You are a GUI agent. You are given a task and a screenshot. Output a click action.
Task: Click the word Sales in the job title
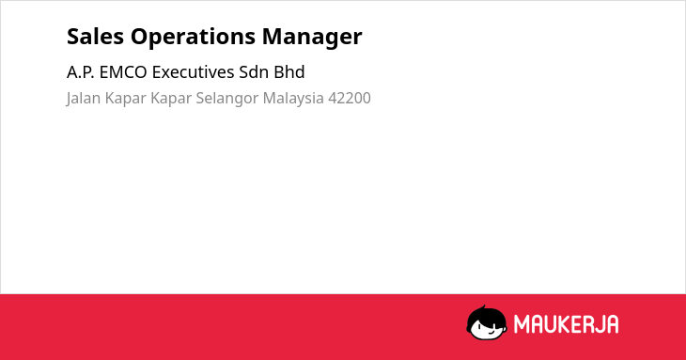[95, 37]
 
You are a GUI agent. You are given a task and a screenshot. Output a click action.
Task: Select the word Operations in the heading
[193, 38]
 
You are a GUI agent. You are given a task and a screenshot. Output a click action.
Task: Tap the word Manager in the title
[312, 38]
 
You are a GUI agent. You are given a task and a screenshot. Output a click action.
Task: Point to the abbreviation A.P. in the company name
[81, 72]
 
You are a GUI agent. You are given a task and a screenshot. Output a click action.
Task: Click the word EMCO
[123, 72]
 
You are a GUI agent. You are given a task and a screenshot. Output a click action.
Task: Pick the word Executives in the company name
[193, 72]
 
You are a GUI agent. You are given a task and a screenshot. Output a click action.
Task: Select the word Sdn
[254, 72]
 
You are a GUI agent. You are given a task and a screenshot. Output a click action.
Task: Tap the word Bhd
[289, 72]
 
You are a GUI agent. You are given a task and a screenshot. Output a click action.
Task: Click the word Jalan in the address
[83, 99]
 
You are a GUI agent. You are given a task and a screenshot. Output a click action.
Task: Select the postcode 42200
[350, 99]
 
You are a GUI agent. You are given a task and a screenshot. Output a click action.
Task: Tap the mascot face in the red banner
[487, 323]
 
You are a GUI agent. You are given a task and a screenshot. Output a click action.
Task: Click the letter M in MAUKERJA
[521, 324]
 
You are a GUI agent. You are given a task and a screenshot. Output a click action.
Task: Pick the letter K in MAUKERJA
[565, 324]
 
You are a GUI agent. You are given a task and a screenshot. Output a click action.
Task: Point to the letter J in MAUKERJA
[598, 324]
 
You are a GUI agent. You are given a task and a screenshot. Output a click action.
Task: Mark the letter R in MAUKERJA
[586, 324]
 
